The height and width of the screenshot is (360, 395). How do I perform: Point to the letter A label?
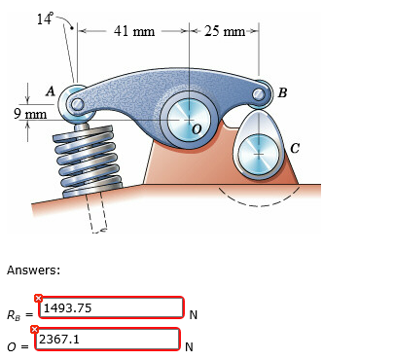(50, 90)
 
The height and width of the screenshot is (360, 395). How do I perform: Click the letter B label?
(282, 93)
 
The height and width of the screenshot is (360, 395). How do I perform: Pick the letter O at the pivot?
(197, 127)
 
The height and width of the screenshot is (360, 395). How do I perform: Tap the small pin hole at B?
(259, 93)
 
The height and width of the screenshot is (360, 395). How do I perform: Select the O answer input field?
(108, 340)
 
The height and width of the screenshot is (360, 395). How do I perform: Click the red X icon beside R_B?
(38, 298)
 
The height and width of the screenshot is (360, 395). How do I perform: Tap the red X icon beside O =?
(35, 331)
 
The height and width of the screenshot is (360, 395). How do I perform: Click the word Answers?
(33, 270)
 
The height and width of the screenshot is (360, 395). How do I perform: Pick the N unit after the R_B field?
(193, 314)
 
